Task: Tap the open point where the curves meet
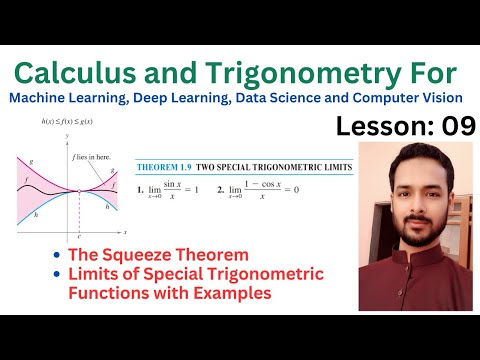[79, 190]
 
